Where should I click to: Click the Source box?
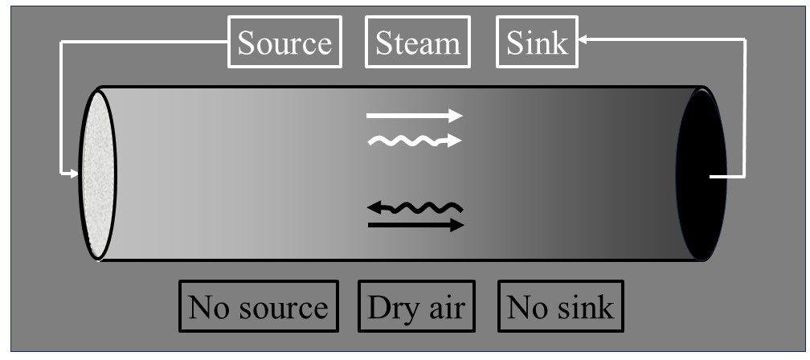284,43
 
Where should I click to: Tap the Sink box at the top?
537,43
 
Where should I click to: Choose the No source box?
258,306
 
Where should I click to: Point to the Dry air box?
416,306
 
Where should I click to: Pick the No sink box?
561,306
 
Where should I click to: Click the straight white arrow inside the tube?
414,116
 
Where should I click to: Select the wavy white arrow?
414,141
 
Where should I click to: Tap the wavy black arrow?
415,208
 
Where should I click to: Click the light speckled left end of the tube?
97,174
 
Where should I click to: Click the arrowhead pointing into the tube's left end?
74,173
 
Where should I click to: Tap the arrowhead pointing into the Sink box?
583,39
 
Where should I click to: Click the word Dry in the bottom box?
389,307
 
